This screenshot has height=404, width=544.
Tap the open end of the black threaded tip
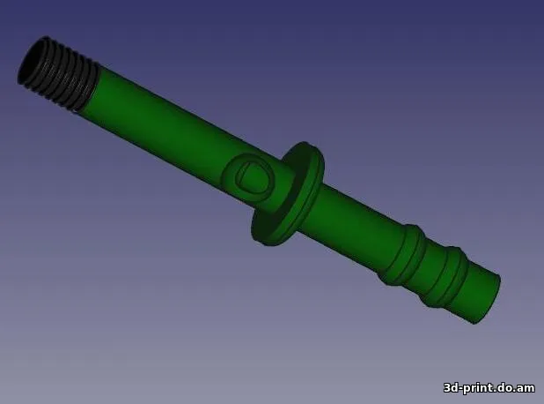[x=32, y=61]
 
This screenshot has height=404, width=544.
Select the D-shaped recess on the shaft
[x=251, y=176]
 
